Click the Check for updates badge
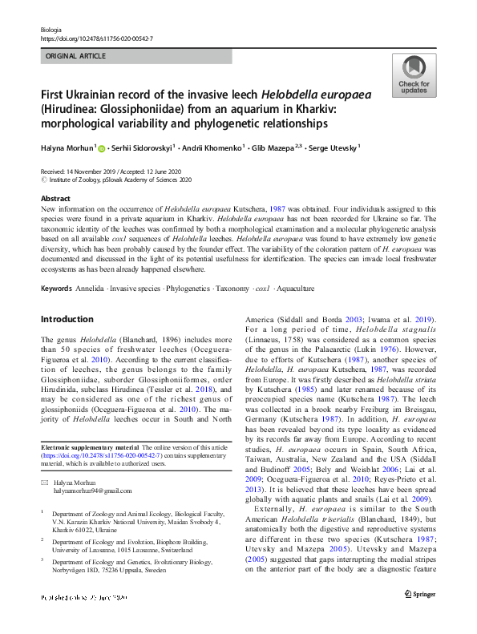413,77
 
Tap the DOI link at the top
95,38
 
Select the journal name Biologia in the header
51,29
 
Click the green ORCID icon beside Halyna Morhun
103,148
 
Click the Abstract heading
55,197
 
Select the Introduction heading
67,319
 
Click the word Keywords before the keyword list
57,288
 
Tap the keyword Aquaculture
295,288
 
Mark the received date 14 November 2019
92,172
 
